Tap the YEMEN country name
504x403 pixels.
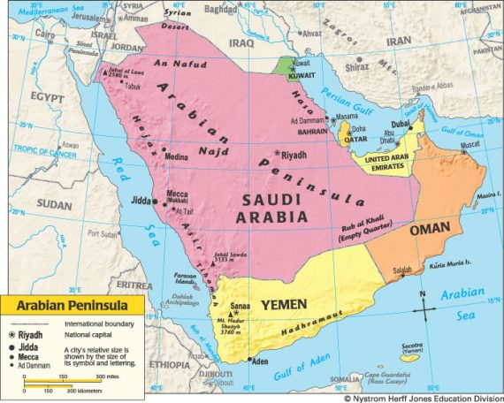point(283,304)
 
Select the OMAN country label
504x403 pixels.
point(431,228)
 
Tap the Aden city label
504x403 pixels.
point(259,361)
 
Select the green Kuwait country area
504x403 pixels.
point(282,67)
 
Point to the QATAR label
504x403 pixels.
point(354,139)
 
